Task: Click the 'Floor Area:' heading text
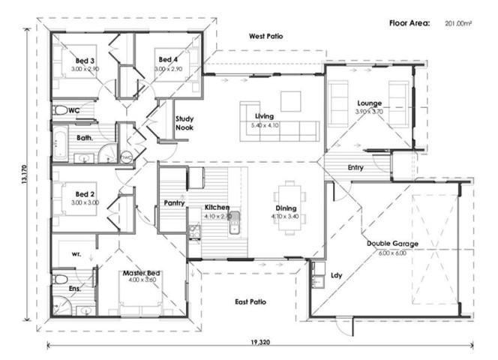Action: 409,24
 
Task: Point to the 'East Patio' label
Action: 250,302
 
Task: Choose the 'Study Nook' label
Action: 184,123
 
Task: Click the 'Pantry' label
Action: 174,202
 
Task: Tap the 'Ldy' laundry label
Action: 335,275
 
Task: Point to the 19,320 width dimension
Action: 260,342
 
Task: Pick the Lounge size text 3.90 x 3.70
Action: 369,112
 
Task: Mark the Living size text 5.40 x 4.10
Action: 264,124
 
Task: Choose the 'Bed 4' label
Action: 168,60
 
